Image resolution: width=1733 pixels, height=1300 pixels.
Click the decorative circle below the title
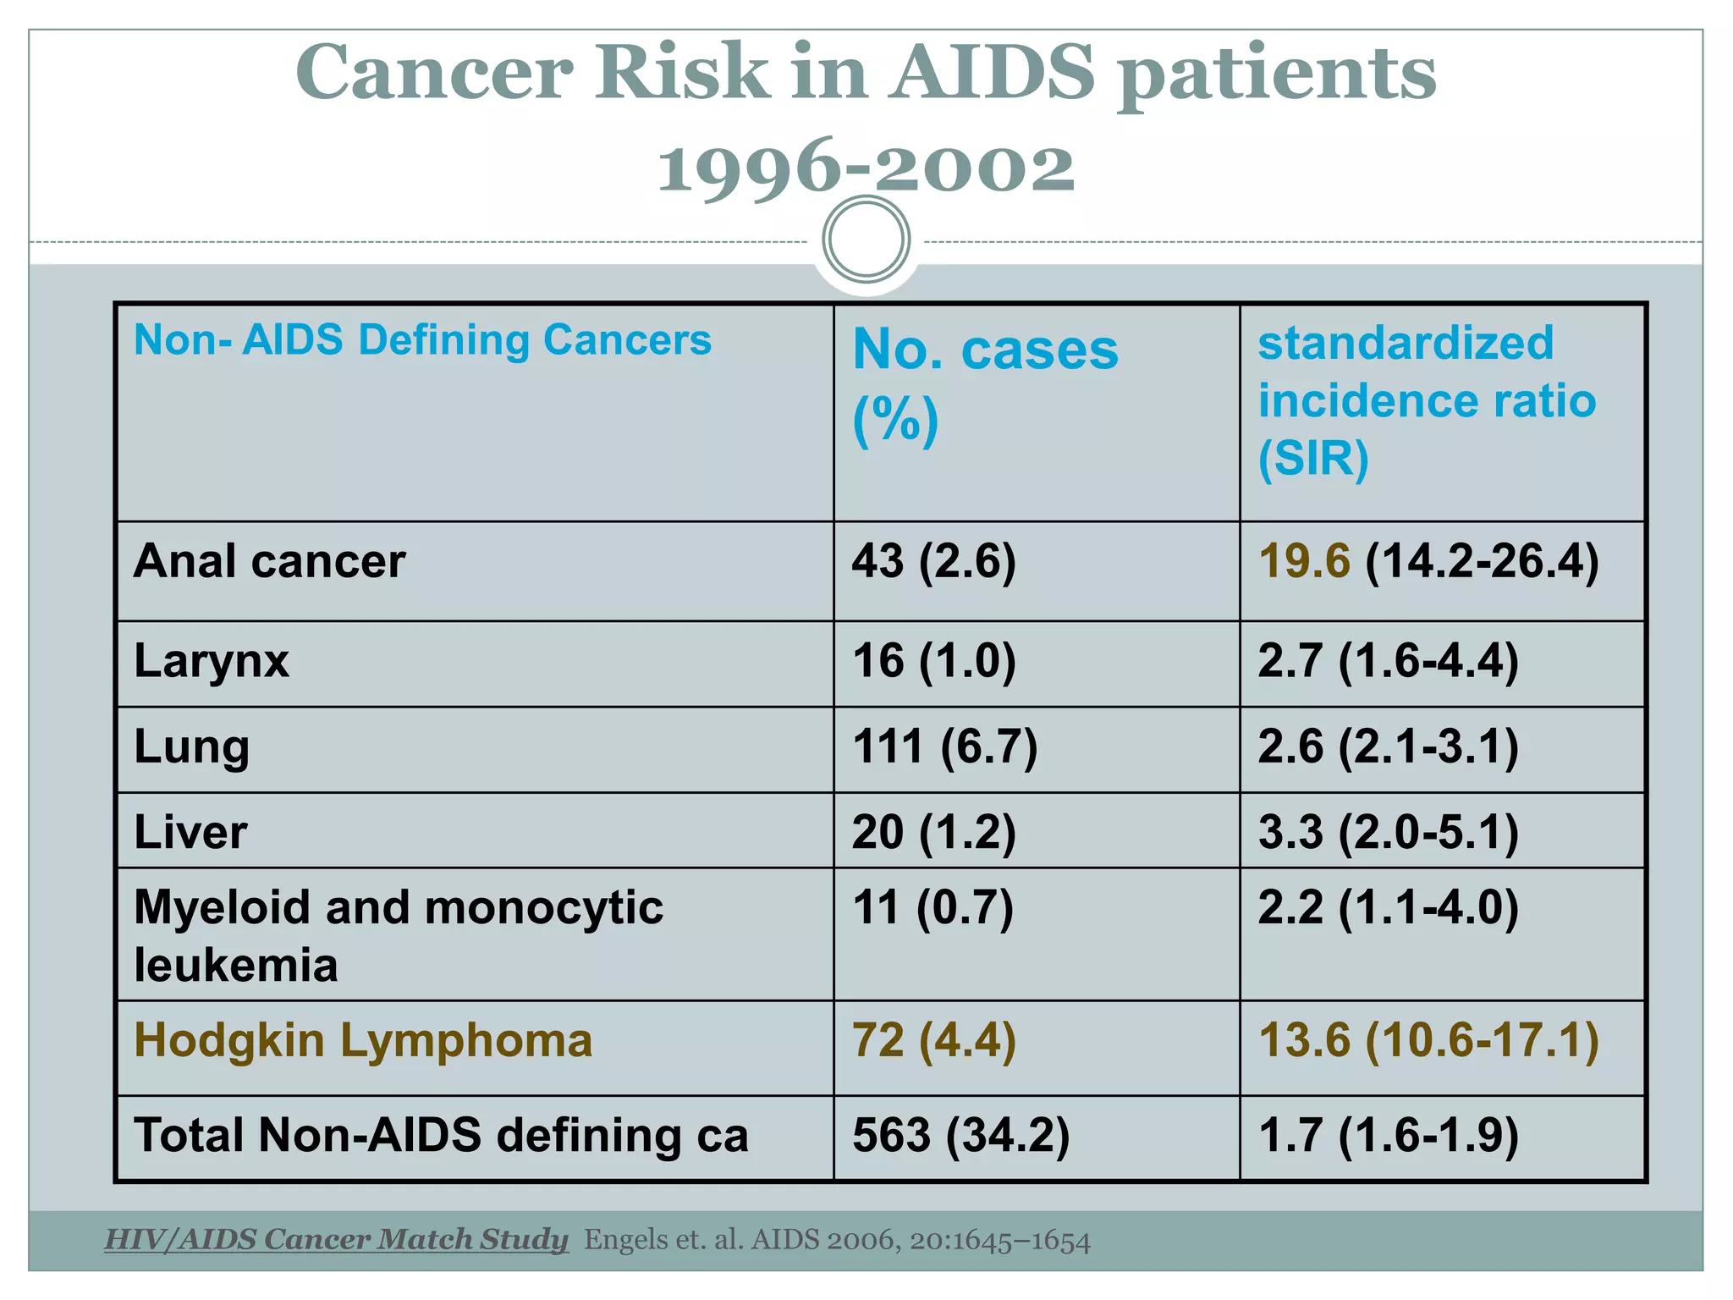click(866, 240)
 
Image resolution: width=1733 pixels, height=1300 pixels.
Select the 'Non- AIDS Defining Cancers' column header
click(422, 340)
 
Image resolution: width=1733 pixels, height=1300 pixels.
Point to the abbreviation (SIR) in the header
click(1312, 458)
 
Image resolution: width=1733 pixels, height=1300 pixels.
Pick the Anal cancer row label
click(269, 561)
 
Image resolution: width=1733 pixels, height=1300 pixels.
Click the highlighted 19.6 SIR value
click(1304, 561)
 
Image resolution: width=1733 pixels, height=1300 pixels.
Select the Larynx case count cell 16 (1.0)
click(933, 661)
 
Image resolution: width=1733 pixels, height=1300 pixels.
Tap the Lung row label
click(191, 747)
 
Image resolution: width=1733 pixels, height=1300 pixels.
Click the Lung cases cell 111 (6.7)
click(944, 747)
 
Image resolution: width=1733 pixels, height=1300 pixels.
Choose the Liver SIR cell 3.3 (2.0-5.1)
click(1388, 832)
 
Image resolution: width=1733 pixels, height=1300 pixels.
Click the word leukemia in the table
click(236, 966)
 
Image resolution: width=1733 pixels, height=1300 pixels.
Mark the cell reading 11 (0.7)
click(932, 908)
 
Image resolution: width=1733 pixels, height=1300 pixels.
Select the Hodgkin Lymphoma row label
click(363, 1040)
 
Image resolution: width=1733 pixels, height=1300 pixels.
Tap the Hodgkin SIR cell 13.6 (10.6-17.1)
click(1428, 1040)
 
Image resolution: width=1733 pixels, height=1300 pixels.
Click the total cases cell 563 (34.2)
click(960, 1135)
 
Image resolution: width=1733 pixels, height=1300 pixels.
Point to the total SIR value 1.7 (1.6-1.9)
click(1388, 1135)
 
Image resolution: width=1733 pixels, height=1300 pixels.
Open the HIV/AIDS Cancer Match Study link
click(336, 1239)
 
